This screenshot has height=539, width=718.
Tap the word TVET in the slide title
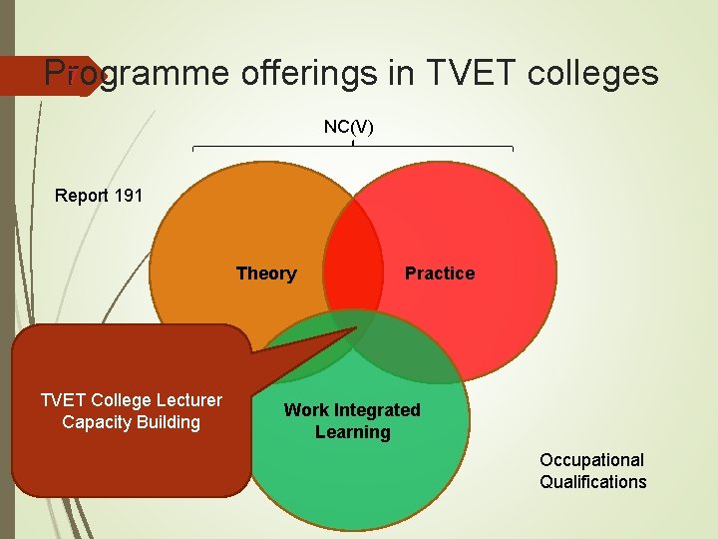point(461,73)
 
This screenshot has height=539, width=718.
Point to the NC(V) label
point(349,127)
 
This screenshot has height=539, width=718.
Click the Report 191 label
point(99,195)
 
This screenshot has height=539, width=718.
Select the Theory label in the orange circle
point(266,273)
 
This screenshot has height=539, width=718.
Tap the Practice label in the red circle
point(440,273)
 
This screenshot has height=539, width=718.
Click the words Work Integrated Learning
point(352,421)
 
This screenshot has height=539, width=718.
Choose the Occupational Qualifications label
point(593,471)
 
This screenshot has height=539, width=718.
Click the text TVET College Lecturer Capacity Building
point(132,411)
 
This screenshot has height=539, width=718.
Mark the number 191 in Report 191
point(129,195)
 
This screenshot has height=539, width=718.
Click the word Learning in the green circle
point(352,432)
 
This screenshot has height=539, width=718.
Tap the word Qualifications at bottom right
point(593,482)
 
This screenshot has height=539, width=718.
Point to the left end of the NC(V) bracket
point(192,149)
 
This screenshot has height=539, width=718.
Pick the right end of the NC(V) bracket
point(513,149)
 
